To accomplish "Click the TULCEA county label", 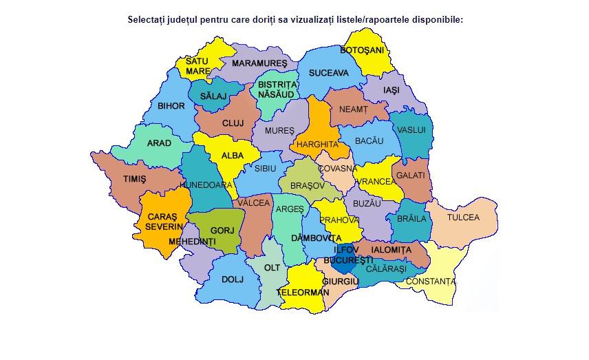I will point(463,217).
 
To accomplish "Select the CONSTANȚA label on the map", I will point(430,282).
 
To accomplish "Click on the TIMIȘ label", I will point(135,179).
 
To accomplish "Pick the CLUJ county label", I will point(233,124).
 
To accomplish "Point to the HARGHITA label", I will point(318,145).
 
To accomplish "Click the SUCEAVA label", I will point(328,72).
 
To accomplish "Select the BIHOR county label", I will point(171,106).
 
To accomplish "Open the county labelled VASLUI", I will point(411,129).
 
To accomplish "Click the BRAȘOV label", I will point(307,186).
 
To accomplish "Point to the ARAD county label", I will point(159,143).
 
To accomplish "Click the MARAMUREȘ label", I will point(259,63).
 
